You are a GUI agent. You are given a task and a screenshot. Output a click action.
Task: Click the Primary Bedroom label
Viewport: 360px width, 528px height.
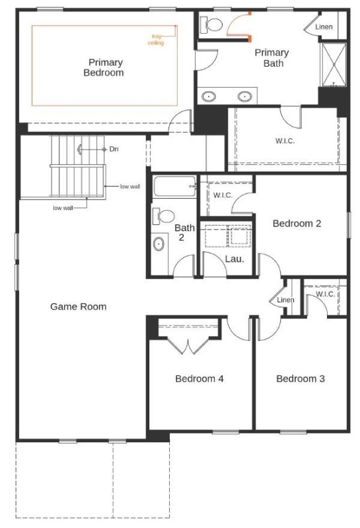coord(104,67)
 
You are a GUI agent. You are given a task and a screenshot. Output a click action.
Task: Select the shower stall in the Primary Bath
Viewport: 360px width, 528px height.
coord(334,65)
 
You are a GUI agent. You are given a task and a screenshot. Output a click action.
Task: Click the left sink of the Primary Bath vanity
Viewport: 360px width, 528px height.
coord(209,96)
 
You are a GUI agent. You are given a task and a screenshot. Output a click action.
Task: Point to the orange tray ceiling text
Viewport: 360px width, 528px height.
coord(156,40)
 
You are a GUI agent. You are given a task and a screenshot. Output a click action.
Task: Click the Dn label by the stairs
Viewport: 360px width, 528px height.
coord(114,149)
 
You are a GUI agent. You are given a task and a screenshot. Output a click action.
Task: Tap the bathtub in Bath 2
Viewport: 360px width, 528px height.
coord(174,186)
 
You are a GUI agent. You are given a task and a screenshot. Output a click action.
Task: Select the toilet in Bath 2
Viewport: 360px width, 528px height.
coord(163,216)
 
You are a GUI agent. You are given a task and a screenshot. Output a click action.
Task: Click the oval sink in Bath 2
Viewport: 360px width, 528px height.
coord(159,244)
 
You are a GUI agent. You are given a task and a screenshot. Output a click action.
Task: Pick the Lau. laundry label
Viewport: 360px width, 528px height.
coord(234,259)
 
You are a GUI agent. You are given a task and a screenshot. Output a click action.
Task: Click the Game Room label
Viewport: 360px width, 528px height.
coord(78,306)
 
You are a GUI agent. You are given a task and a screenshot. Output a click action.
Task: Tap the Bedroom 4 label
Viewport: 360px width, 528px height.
coord(199,378)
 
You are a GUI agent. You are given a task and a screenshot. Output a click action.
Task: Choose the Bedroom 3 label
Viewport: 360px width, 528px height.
coord(301,378)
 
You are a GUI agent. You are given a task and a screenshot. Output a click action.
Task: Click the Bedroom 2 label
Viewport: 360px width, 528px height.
coord(297,223)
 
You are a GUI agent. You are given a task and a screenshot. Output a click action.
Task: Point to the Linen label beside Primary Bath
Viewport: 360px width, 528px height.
coord(324,26)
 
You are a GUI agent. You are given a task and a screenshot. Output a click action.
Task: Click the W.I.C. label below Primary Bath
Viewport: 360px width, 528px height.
coord(285,141)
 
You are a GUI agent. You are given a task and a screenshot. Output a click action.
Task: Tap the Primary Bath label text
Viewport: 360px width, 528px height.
coord(271,58)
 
